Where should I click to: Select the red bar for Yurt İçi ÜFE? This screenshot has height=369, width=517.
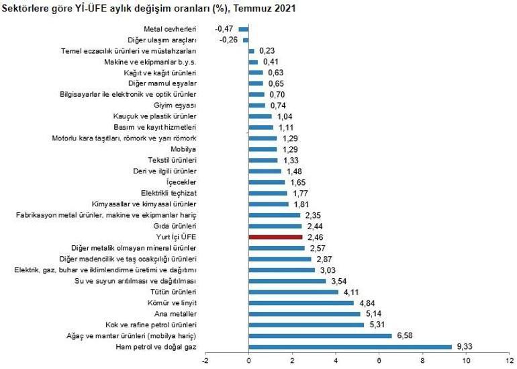pos(275,237)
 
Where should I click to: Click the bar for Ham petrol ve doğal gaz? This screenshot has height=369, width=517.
pos(350,347)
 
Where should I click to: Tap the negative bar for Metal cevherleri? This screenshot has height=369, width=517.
pos(243,29)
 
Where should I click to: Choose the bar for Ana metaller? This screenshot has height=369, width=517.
pos(304,314)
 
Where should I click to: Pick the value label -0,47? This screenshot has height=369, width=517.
pos(224,29)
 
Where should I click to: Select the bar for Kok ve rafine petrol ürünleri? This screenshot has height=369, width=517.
pos(306,325)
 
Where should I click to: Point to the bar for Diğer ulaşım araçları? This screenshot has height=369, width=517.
pos(246,40)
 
